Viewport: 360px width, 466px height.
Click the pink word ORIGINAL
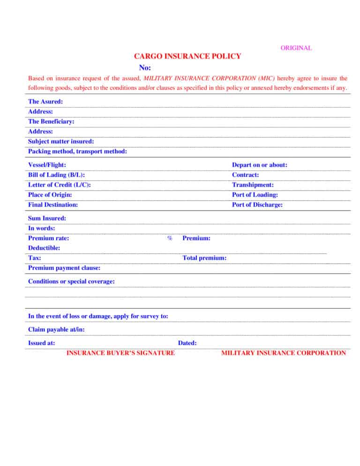[296, 48]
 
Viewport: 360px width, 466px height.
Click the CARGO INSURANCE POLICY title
[187, 57]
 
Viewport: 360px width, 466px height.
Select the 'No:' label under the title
[144, 68]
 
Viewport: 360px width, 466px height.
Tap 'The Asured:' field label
[45, 101]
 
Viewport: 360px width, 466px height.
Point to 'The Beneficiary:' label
[51, 121]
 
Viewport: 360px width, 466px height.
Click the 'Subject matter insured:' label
[61, 141]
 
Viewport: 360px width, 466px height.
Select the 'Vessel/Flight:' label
[47, 165]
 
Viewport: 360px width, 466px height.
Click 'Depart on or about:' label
[260, 165]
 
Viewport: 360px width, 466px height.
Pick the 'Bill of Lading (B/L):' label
[56, 175]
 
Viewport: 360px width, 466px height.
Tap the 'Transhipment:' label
[253, 185]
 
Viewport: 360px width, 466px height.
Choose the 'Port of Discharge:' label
[257, 205]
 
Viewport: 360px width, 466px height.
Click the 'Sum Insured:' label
[47, 218]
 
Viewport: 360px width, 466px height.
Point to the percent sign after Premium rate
[170, 239]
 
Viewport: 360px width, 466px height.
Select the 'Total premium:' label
[205, 258]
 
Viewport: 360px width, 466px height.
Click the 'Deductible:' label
[44, 248]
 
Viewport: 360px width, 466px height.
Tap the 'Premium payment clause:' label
[64, 268]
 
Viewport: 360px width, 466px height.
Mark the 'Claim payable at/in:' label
[56, 330]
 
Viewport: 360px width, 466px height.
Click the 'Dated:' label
[187, 343]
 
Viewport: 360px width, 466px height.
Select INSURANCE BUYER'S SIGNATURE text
[121, 353]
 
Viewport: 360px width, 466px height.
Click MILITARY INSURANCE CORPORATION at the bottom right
[283, 353]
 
